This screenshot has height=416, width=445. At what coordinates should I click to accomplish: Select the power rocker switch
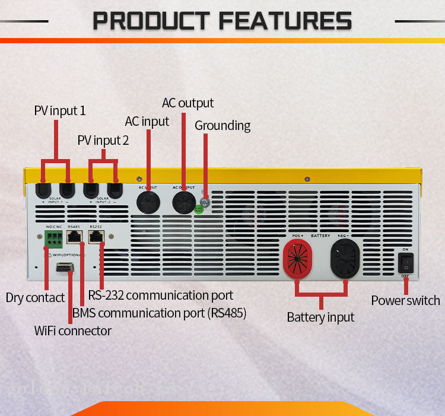405,262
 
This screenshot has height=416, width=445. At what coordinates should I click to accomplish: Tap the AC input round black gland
147,202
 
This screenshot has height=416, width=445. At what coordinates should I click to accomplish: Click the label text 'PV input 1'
60,111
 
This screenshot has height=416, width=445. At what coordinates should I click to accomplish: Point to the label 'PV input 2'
103,141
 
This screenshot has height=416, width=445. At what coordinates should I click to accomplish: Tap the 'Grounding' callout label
223,126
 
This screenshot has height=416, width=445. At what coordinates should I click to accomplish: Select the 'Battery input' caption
320,317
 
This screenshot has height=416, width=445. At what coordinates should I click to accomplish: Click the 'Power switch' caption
405,300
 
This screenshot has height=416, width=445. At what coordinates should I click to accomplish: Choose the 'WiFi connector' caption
73,331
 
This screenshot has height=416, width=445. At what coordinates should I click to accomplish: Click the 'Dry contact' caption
36,298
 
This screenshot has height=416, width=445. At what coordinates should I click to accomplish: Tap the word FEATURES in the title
285,21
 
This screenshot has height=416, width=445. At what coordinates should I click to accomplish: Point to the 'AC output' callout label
187,103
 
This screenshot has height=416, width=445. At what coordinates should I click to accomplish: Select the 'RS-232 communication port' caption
161,295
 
